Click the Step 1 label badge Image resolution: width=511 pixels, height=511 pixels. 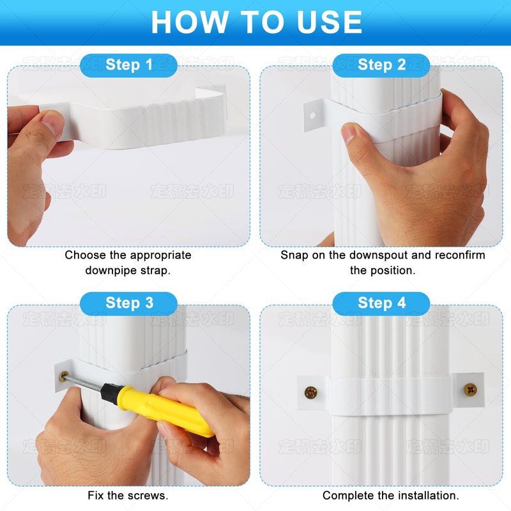(x=128, y=65)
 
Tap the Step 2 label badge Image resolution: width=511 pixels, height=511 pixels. (x=381, y=65)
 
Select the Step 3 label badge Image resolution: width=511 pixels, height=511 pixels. (x=128, y=303)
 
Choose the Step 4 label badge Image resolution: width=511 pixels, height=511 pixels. (x=381, y=303)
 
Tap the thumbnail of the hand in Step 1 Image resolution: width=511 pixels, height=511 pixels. (x=51, y=119)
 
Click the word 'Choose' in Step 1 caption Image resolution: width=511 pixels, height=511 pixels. (x=86, y=255)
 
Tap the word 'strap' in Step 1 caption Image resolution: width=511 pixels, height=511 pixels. (x=156, y=270)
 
